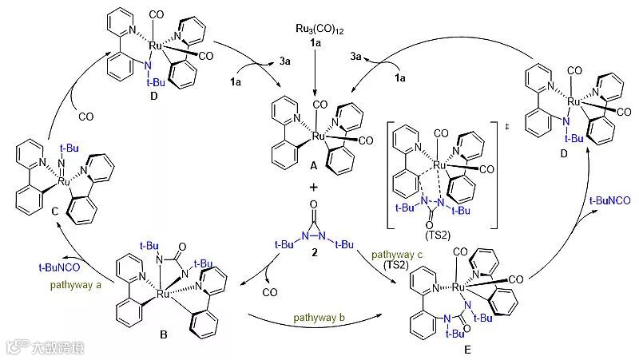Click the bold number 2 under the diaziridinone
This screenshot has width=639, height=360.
pos(314,251)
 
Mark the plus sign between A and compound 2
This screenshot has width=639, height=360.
pos(313,188)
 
